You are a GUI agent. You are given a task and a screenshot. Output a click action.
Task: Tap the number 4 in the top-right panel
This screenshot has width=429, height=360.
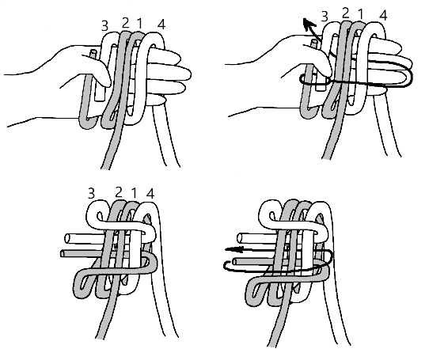383,15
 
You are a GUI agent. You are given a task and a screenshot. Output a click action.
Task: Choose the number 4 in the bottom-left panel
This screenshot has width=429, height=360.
153,192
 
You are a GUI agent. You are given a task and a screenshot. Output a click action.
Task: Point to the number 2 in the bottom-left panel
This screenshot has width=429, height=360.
118,190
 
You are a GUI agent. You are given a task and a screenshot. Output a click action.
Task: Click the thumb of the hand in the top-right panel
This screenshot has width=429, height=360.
315,74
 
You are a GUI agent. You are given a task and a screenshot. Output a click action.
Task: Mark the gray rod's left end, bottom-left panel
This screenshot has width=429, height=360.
63,253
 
